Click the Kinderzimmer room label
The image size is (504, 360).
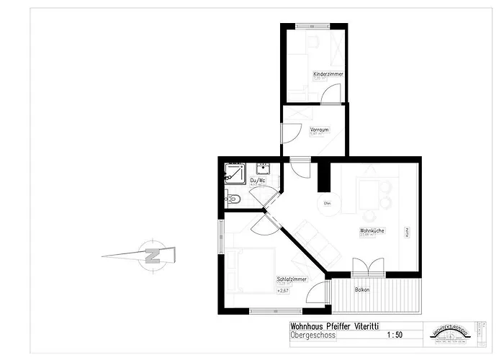click(x=328, y=74)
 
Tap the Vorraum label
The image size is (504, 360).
click(x=320, y=130)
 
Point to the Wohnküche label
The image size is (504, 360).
click(x=372, y=230)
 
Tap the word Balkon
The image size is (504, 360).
click(x=362, y=289)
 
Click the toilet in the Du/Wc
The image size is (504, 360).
click(x=232, y=199)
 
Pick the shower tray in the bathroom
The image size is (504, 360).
click(x=235, y=173)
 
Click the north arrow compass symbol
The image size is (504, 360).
click(x=152, y=254)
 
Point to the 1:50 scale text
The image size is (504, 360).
click(x=395, y=335)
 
